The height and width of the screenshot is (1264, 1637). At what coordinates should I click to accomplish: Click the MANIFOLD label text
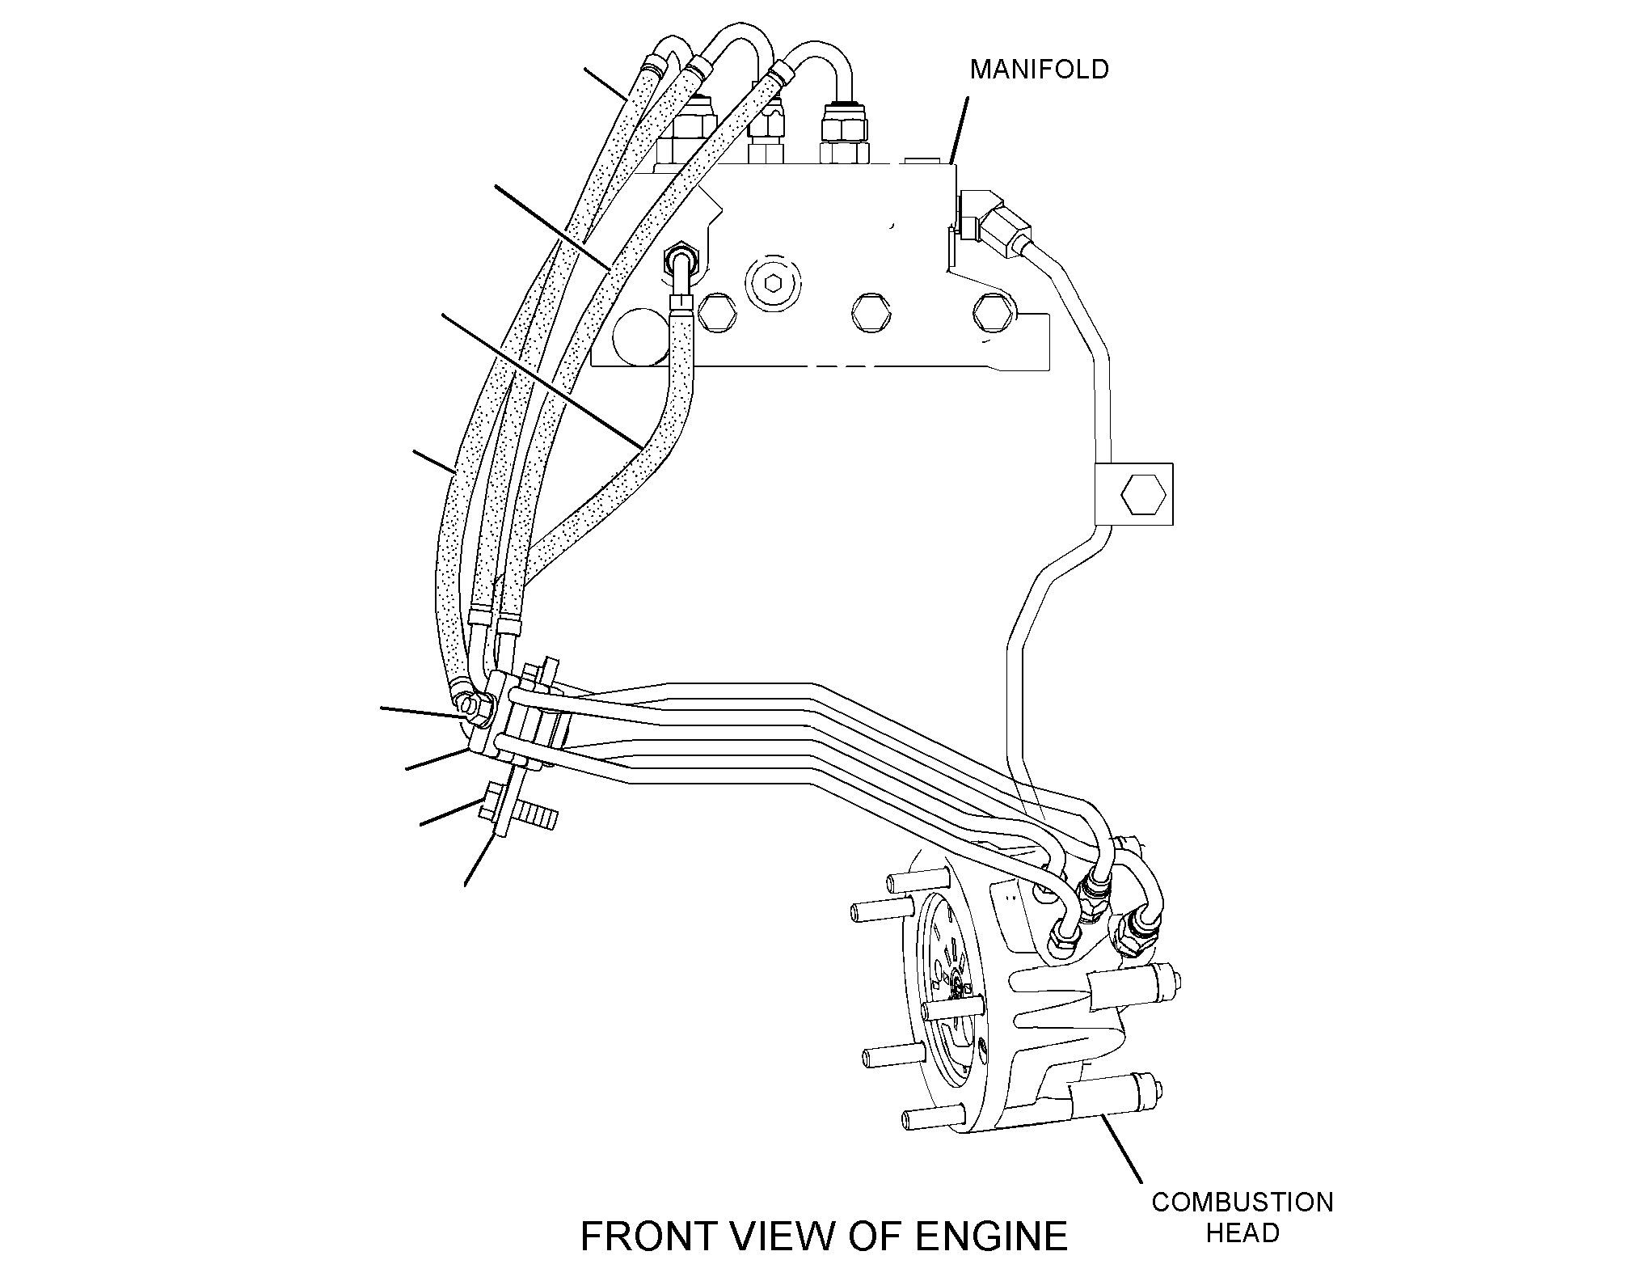point(1039,70)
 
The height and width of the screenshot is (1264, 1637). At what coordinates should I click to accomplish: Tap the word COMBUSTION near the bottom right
point(1243,1202)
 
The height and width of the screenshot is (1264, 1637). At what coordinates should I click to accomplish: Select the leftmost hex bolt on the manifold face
point(716,311)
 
